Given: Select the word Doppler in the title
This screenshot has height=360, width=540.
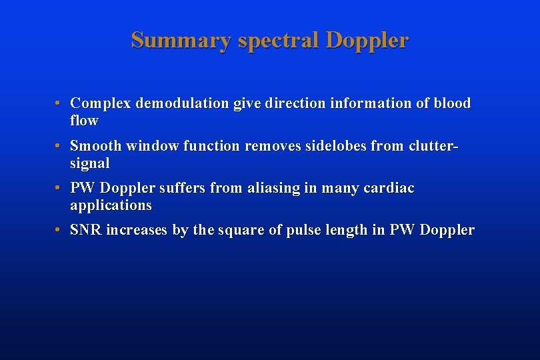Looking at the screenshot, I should pyautogui.click(x=367, y=41).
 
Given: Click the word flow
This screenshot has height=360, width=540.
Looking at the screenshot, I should pyautogui.click(x=84, y=121).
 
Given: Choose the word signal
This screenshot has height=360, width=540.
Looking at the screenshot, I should pyautogui.click(x=90, y=163).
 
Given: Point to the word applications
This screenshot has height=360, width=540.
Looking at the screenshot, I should pyautogui.click(x=111, y=205).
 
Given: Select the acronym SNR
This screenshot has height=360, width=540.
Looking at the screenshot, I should pyautogui.click(x=86, y=230).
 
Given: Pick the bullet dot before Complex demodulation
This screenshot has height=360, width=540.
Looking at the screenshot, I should pyautogui.click(x=59, y=103).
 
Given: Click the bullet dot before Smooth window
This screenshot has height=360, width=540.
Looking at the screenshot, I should pyautogui.click(x=59, y=145).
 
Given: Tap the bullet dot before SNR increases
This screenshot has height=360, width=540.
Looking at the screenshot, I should pyautogui.click(x=59, y=230).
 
